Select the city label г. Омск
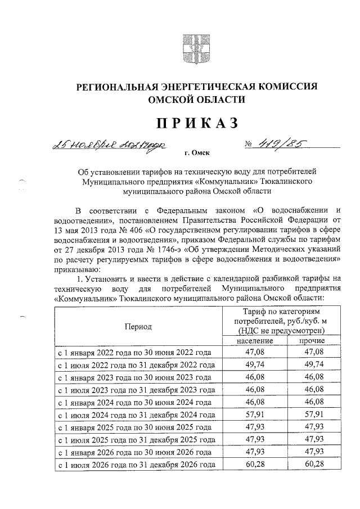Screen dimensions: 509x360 (196, 152)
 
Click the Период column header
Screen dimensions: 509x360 (138, 326)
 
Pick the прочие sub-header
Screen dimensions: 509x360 (310, 341)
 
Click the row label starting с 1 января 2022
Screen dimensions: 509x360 (135, 353)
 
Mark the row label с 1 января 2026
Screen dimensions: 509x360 (135, 453)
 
